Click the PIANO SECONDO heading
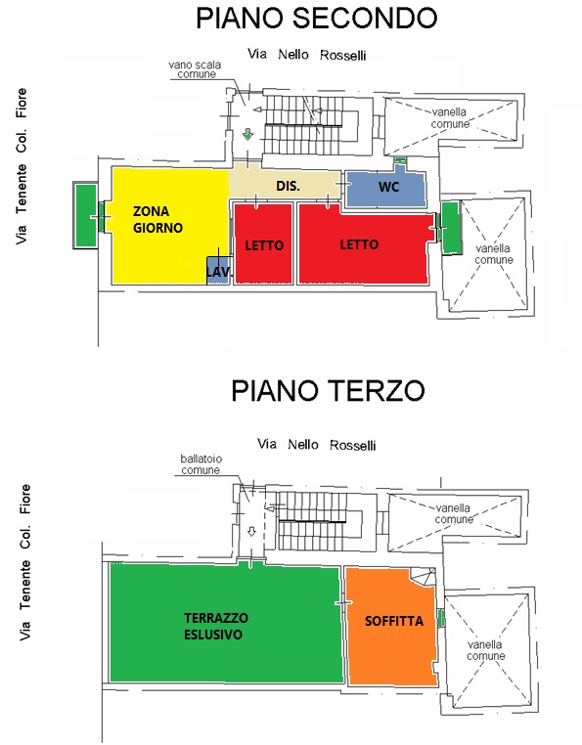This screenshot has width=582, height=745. coord(316,19)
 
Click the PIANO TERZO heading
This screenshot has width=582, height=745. coord(328,391)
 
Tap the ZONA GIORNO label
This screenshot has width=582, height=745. coord(157,220)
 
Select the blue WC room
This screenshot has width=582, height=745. coord(385,188)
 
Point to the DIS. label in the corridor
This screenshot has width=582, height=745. coord(288,186)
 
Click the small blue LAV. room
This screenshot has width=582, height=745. coord(218,271)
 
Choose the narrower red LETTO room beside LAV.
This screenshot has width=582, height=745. coord(263,243)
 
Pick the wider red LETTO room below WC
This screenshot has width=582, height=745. coord(364,243)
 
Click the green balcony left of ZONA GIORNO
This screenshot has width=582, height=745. coord(86,216)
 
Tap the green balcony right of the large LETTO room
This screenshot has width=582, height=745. coord(451,227)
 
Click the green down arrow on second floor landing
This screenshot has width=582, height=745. coord(247,135)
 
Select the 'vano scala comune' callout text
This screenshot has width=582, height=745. coord(195,69)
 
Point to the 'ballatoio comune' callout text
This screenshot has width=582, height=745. coord(201,464)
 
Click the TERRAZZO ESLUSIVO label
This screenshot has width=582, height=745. coord(216,627)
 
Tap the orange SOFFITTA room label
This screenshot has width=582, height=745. coord(393,621)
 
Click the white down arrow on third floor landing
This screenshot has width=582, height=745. coord(252,532)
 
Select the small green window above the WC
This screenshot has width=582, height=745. coord(400,159)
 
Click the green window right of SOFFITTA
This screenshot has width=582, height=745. coord(441,618)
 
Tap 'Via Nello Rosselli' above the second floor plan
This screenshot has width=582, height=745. coord(307,55)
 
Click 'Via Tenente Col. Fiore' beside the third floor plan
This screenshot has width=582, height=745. coord(24,562)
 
